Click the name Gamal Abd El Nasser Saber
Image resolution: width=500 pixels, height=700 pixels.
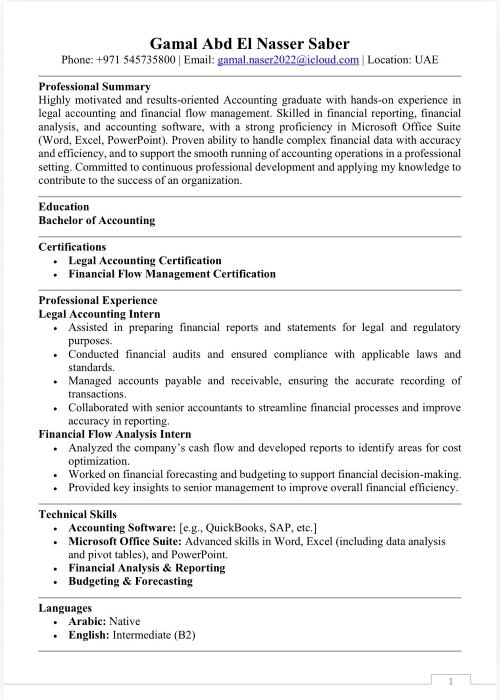click(x=250, y=44)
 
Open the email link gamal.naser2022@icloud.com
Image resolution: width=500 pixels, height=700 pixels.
click(x=288, y=60)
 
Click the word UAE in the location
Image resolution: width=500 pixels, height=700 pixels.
click(x=426, y=60)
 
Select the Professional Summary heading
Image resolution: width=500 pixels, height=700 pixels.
click(x=94, y=87)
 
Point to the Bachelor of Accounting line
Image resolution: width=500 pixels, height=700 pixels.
click(x=97, y=220)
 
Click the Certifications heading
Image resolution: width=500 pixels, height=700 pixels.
click(x=72, y=247)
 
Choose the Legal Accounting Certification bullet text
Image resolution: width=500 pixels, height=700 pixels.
click(x=145, y=261)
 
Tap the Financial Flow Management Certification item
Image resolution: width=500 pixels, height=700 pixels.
click(x=172, y=274)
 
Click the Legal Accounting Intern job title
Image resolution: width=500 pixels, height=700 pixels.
click(x=99, y=314)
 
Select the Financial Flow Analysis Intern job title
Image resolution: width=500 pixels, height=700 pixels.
click(x=115, y=434)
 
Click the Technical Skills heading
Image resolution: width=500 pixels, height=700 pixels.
click(x=78, y=514)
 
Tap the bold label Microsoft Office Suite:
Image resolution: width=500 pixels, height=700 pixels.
click(x=125, y=542)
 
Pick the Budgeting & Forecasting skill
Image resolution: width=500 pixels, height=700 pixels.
click(x=130, y=581)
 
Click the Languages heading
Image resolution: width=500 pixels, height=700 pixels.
click(x=65, y=608)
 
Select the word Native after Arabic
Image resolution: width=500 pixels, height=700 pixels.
click(x=125, y=621)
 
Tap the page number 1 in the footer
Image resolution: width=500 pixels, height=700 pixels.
click(x=451, y=681)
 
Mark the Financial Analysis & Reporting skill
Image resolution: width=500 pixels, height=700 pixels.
click(x=146, y=568)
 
